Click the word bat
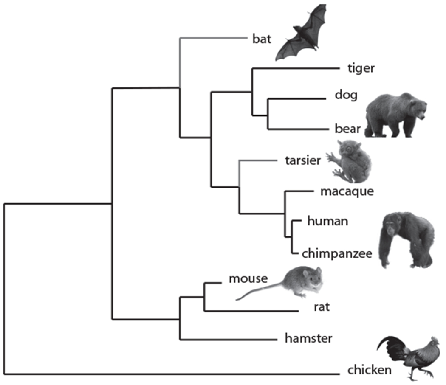tap(260, 40)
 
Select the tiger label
tap(361, 68)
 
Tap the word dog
tap(346, 95)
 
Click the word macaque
tap(347, 191)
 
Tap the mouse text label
tap(248, 278)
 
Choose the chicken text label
tap(369, 370)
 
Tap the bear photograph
tap(395, 115)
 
